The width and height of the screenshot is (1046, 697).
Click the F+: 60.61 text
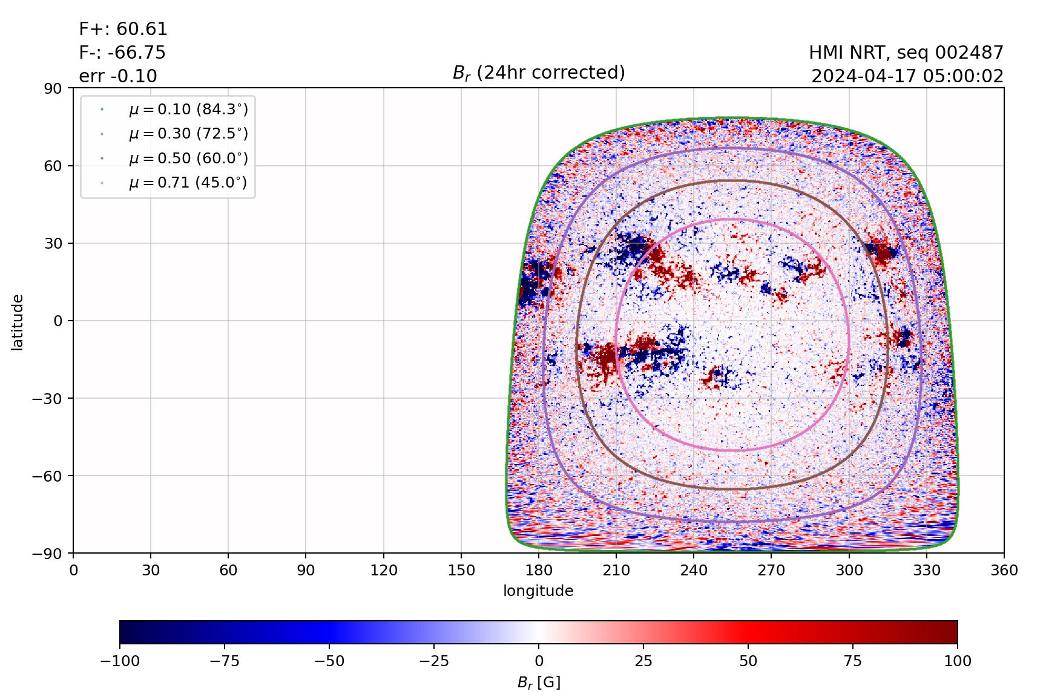click(x=123, y=29)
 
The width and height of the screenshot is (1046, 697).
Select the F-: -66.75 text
click(x=122, y=53)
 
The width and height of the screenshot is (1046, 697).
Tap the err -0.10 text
click(x=118, y=76)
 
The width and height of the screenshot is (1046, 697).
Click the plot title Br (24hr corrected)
click(x=539, y=73)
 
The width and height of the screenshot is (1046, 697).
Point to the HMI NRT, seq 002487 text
click(x=906, y=53)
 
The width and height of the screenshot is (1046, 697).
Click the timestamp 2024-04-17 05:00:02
click(x=907, y=76)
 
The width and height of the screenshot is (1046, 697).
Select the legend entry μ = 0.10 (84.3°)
click(x=188, y=110)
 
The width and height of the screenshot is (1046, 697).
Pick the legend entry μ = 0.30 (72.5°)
click(x=188, y=134)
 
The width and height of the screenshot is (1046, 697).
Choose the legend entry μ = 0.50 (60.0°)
click(x=188, y=159)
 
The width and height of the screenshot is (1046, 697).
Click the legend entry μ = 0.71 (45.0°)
click(x=188, y=183)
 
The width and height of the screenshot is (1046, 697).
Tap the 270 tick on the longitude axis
click(x=771, y=570)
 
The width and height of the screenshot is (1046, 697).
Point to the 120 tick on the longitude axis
click(x=384, y=570)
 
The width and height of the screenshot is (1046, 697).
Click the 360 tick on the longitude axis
click(x=1004, y=570)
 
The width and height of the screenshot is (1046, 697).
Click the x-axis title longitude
click(x=538, y=591)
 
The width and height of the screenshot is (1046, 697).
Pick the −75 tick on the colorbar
click(x=224, y=661)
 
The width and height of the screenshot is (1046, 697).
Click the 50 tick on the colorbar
click(x=748, y=661)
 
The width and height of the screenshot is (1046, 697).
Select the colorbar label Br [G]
click(x=538, y=682)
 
